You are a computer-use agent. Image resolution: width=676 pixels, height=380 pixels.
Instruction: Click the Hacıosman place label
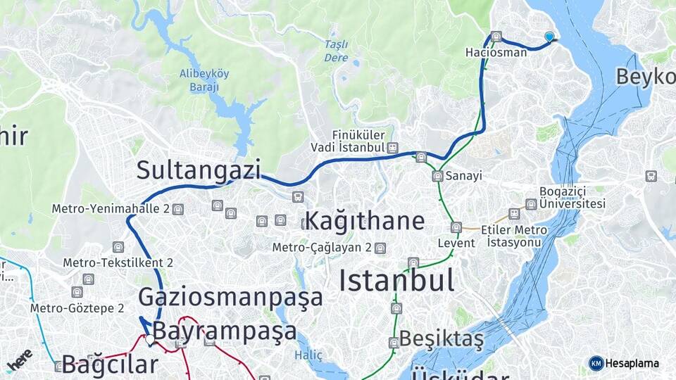coord(496,53)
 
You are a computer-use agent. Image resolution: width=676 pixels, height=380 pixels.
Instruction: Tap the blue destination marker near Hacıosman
coord(549,37)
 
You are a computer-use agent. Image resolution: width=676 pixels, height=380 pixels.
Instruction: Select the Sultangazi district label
coord(199,170)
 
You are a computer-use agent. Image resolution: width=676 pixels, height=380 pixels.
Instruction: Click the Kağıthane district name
coord(364,221)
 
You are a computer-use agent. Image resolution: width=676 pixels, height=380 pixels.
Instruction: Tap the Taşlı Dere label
coord(336,51)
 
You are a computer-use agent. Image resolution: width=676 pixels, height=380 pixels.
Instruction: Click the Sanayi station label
coord(464,176)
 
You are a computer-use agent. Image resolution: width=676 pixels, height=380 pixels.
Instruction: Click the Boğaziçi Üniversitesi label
coord(572,198)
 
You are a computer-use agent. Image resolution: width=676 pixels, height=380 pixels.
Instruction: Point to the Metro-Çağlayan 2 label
coord(323,248)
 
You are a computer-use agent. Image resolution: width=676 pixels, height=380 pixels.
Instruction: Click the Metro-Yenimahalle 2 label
coord(111,209)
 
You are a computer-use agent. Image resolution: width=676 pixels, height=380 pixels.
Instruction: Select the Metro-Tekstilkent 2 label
coord(118,262)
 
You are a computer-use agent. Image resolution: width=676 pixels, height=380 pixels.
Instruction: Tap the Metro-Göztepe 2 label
coord(77,308)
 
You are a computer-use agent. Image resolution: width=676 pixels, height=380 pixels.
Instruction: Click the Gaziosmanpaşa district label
coord(230,297)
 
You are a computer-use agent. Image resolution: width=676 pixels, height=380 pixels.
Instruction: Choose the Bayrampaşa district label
coord(225,331)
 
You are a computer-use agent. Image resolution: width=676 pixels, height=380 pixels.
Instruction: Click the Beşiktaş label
coord(442,340)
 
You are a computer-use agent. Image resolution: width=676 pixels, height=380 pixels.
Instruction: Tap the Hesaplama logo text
coord(632,363)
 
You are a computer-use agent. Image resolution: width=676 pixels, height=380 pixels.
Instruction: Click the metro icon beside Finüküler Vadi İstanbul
coord(392,148)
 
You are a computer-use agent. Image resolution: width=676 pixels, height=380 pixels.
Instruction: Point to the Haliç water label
coord(308,355)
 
